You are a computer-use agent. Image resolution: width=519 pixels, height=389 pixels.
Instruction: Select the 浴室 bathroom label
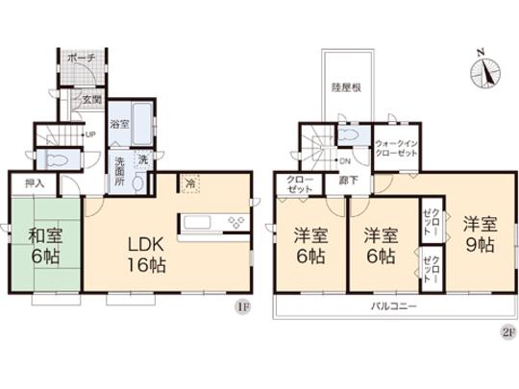point(119,124)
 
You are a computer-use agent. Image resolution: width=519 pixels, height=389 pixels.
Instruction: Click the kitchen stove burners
point(235,224)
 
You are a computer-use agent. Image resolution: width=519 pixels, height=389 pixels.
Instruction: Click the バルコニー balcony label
point(394,306)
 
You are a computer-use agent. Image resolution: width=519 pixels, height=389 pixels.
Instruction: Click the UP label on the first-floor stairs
point(90,134)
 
